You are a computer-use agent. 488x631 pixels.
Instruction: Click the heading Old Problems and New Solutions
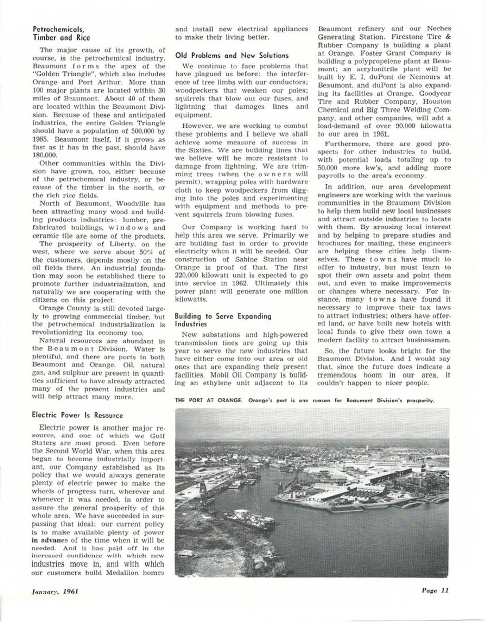click(232, 55)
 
